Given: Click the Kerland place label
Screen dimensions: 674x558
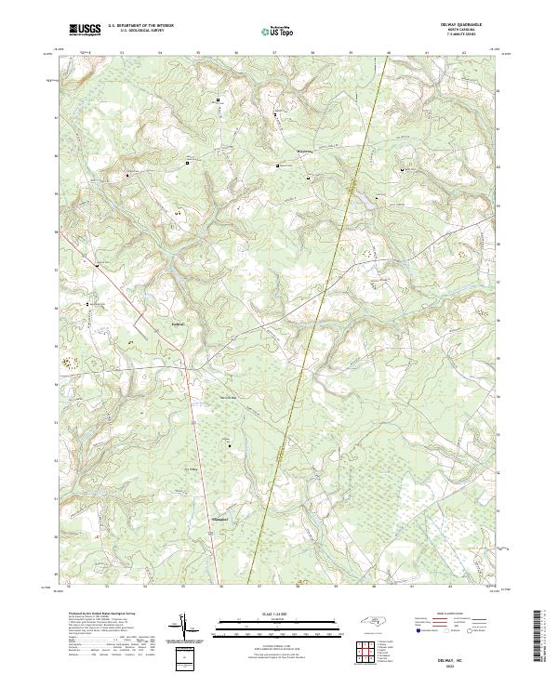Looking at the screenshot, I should click(x=180, y=324).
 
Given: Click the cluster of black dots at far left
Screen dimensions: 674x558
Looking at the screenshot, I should click(x=66, y=361).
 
